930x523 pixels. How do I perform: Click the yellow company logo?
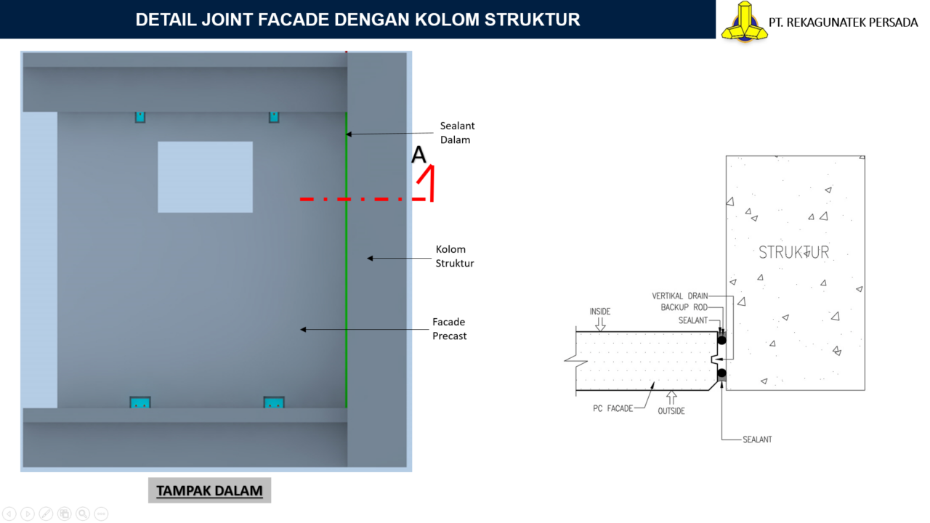coord(743,20)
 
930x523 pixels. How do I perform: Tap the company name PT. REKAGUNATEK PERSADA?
coord(843,22)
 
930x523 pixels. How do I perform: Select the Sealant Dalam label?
coord(457,133)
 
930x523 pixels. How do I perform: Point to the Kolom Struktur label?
coord(455,256)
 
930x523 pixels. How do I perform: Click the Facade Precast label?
coord(449,329)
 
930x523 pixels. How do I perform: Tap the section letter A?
coord(418,155)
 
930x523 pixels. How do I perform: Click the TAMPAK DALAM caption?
coord(209,491)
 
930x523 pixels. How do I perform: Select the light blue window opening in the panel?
coord(205,177)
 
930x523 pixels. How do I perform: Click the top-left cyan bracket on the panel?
coord(139,117)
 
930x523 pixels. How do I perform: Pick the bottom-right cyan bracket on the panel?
coord(274,402)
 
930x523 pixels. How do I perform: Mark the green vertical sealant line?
coord(346,291)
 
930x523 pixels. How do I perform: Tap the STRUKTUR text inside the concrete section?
coord(793,252)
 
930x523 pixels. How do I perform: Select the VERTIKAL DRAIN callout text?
coord(679,296)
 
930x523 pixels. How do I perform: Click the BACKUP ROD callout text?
coord(684,308)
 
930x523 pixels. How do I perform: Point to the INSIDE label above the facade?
coord(600,312)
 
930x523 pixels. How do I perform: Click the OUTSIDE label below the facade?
coord(671,411)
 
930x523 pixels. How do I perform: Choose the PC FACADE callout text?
coord(612,408)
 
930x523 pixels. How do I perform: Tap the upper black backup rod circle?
coord(721,340)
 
